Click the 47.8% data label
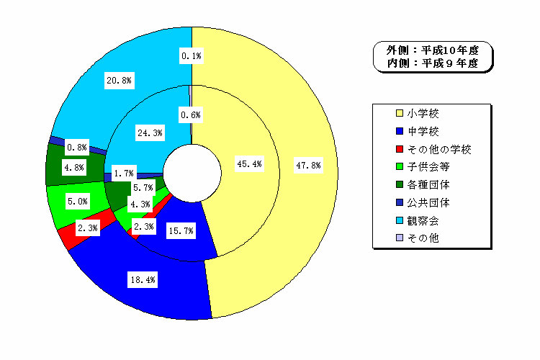(309, 166)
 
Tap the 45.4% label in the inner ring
(249, 164)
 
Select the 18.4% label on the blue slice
(143, 280)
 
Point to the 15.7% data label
(181, 231)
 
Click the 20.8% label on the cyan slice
(119, 81)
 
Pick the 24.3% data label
(150, 133)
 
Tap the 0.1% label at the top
(192, 56)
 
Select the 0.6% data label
(191, 115)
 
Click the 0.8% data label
(77, 148)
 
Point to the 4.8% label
(74, 168)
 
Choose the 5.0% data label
(78, 201)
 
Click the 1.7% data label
(124, 174)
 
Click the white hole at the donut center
(192, 174)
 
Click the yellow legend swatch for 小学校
(400, 113)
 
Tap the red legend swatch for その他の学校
(400, 149)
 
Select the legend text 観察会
(423, 220)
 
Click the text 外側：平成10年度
(433, 50)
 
